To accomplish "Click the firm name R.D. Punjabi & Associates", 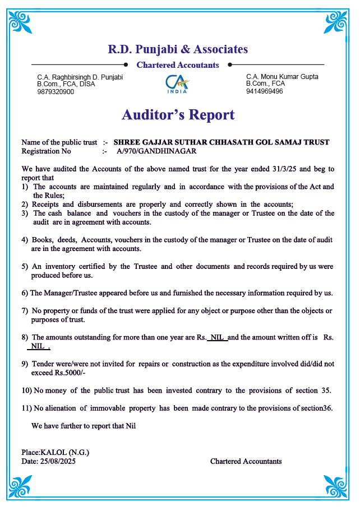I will click(178, 49).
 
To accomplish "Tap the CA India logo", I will click(178, 85).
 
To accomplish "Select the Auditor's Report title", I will click(178, 115).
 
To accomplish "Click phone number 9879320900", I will click(56, 92).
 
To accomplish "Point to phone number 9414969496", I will click(264, 91).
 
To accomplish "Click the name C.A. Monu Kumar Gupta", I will click(282, 76).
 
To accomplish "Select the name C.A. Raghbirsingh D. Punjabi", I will click(80, 77).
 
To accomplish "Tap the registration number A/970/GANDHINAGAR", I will click(156, 151).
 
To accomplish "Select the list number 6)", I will click(25, 293).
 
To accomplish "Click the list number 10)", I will click(27, 391).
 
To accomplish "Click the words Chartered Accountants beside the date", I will click(246, 462).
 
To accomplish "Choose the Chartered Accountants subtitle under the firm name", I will click(178, 65).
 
